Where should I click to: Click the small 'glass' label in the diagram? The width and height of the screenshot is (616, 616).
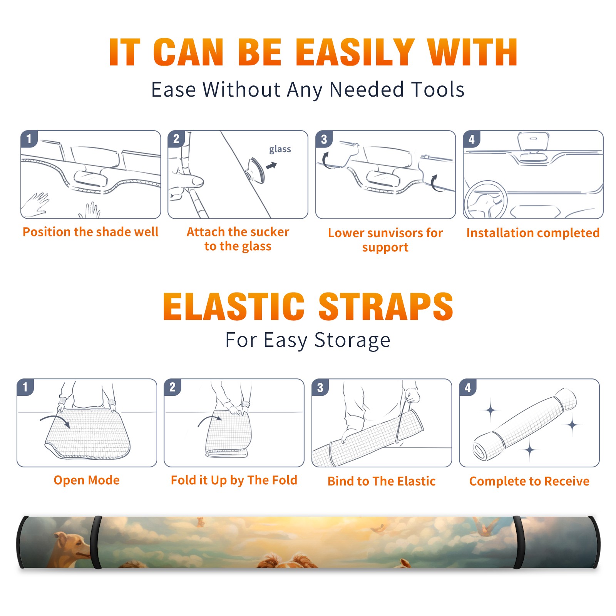coord(280,149)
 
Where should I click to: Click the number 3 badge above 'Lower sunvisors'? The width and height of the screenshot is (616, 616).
coord(323,139)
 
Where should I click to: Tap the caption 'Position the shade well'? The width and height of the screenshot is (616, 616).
coord(90,232)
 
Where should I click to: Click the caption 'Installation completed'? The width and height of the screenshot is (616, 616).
coord(533,233)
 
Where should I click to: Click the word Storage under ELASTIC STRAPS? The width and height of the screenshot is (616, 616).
coord(352,340)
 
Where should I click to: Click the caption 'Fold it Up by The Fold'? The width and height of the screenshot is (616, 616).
coord(234,480)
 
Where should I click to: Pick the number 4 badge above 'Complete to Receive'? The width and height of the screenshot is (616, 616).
coord(467,387)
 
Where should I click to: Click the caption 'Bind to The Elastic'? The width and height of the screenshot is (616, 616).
coord(382,481)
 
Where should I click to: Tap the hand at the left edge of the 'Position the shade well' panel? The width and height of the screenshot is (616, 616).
coord(35,204)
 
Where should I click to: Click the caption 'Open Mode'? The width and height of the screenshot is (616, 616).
coord(87,480)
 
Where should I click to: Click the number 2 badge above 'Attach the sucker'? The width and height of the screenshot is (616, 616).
coord(176,139)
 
